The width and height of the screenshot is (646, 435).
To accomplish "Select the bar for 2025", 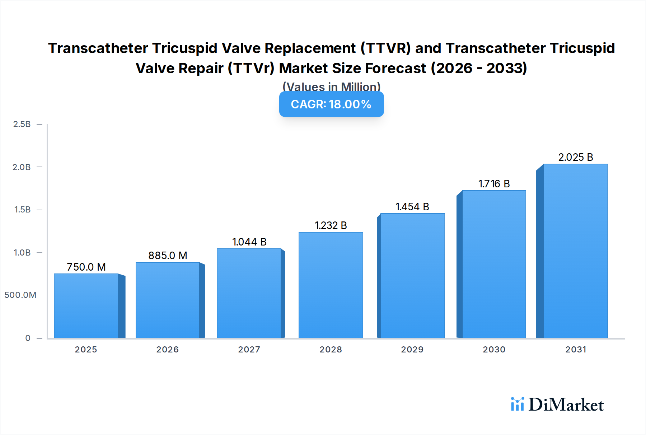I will pos(86,306).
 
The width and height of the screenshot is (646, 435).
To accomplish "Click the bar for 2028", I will pos(331,285).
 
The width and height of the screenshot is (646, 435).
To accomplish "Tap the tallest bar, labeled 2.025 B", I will pos(575,251).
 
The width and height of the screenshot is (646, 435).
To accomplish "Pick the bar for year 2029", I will pos(412,276).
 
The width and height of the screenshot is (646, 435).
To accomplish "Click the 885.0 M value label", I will pos(168,256).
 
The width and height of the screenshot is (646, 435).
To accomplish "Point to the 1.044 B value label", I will pos(249,242).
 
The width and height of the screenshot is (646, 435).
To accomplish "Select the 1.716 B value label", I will pos(494,184).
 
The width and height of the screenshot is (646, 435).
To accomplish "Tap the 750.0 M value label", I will pos(86,267).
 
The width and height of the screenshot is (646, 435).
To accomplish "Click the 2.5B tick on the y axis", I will pos(22,124).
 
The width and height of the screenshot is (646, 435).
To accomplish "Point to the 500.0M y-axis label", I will pos(20,295).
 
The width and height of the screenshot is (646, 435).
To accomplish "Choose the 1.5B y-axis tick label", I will pos(22,210).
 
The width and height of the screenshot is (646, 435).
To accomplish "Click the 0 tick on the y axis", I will pos(28,338).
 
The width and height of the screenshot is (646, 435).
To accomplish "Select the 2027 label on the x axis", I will pos(249,350).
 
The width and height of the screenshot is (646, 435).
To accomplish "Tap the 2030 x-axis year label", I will pos(494,350).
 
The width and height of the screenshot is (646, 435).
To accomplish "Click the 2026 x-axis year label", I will pos(168,350).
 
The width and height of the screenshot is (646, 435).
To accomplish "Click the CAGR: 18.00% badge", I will pos(331,104).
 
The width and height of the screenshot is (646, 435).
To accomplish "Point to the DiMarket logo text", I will pos(566,405).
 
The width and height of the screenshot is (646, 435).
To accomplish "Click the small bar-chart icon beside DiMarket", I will pos(517,404).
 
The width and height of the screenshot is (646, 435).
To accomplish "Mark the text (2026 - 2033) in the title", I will pos(479,68).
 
